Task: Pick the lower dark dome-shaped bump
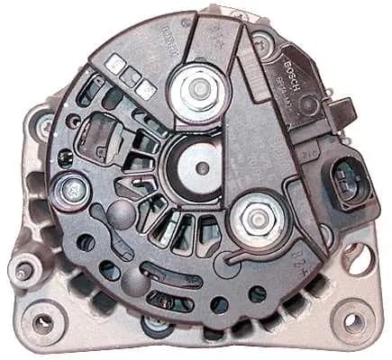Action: (x=132, y=274)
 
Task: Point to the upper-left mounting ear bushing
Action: (x=42, y=130)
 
